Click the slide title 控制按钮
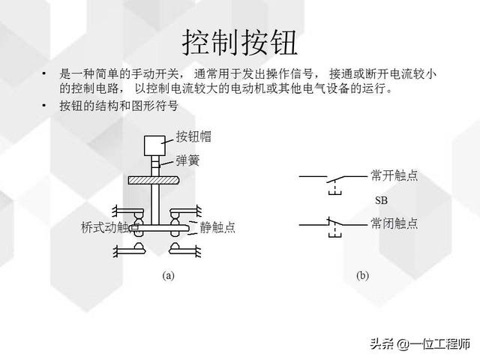(240, 42)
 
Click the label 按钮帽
(193, 136)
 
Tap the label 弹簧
(187, 160)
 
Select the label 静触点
(217, 227)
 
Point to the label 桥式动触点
(110, 227)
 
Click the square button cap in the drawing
(155, 145)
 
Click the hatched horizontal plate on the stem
(153, 180)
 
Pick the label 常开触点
(394, 175)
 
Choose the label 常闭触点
(394, 223)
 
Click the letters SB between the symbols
(382, 200)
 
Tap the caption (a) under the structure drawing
(168, 275)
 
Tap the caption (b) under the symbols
(362, 275)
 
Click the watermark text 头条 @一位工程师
(420, 343)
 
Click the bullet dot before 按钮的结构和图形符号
(44, 106)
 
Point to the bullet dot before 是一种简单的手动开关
(44, 73)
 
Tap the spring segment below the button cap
(155, 166)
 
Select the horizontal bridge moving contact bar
(159, 228)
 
